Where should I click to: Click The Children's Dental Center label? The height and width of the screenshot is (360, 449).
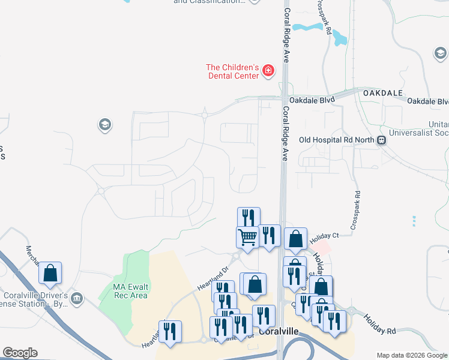[x=232, y=71]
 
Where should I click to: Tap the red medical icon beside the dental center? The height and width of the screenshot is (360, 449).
[x=268, y=72]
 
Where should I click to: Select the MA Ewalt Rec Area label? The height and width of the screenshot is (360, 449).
[x=130, y=290]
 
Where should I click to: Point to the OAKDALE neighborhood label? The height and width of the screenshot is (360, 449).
[x=380, y=94]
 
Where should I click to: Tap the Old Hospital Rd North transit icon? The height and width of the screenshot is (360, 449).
[x=381, y=140]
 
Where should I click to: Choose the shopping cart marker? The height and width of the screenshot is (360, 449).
[x=247, y=237]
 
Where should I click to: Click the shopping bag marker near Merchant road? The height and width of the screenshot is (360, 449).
[x=50, y=273]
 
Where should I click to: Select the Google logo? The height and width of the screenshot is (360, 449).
[x=20, y=352]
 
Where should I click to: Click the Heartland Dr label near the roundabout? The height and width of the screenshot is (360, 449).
[x=213, y=280]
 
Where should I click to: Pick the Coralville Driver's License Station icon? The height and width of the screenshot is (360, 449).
[x=76, y=298]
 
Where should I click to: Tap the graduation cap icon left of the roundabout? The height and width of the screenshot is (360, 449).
[x=104, y=125]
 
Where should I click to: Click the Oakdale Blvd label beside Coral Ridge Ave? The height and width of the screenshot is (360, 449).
[x=312, y=100]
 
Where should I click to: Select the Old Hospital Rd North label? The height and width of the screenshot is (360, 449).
[x=338, y=140]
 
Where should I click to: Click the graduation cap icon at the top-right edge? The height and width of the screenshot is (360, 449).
[x=441, y=55]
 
